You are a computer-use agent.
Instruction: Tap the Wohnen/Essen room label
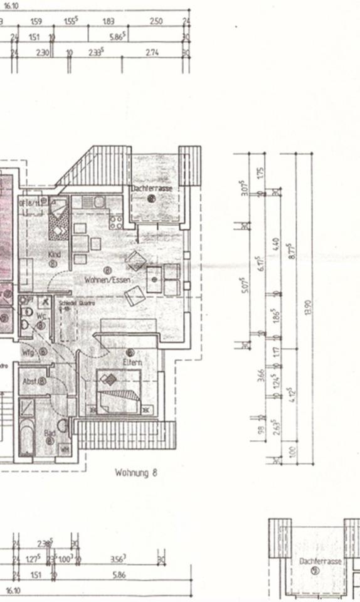pyautogui.click(x=107, y=280)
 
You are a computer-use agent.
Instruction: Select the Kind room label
pyautogui.click(x=54, y=255)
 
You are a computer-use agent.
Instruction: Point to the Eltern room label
pyautogui.click(x=132, y=362)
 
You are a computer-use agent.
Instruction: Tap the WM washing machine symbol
pyautogui.click(x=65, y=448)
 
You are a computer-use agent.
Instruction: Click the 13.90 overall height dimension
pyautogui.click(x=307, y=307)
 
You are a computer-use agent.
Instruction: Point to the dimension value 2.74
pyautogui.click(x=152, y=53)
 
